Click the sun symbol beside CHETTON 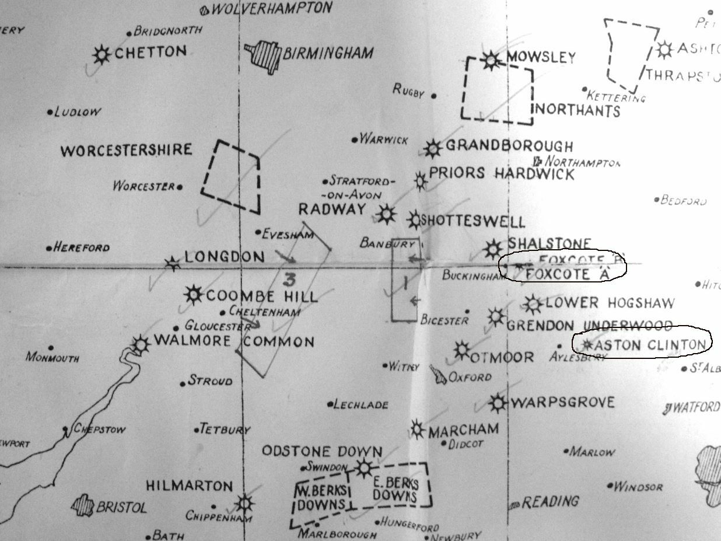(102, 54)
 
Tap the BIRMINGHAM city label (328, 54)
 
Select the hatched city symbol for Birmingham (264, 57)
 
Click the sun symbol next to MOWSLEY (491, 59)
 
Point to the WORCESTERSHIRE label (126, 151)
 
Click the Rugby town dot (433, 95)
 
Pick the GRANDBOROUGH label (509, 146)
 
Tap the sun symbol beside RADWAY (386, 215)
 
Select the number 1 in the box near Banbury (404, 282)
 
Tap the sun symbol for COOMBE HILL (193, 295)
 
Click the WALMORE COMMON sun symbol (141, 344)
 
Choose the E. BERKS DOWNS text (394, 490)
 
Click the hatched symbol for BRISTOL (82, 505)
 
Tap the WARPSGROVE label (562, 403)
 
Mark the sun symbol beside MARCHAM (417, 430)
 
